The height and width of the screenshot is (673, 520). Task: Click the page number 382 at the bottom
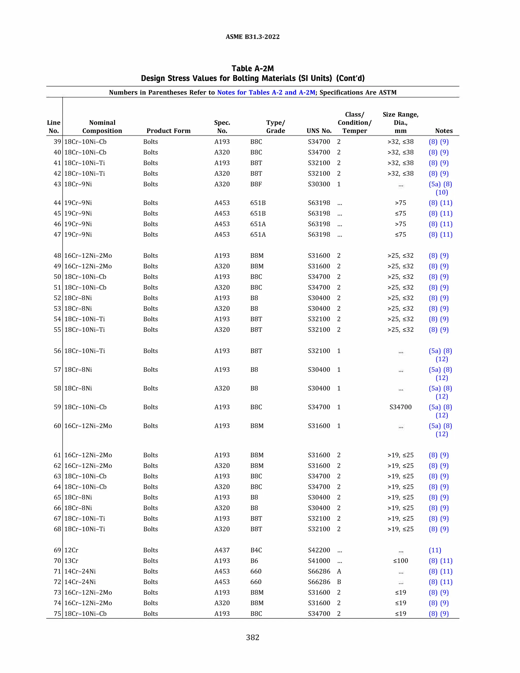pos(252,637)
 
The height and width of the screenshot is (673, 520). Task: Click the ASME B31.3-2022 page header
pos(252,37)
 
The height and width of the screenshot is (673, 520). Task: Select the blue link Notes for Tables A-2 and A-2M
pos(266,92)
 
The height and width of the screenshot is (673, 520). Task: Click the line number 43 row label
pos(57,184)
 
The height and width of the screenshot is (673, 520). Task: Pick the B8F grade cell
pos(256,184)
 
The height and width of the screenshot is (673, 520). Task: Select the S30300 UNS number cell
pos(319,184)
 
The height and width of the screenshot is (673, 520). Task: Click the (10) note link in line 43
pos(442,192)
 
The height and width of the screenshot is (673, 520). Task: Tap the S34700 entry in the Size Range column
pos(400,407)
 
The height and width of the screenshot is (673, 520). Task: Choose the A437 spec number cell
pos(222,550)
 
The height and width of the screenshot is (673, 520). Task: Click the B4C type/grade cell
pos(256,550)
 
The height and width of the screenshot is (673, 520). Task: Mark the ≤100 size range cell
pos(400,560)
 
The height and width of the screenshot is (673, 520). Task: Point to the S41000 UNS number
pos(319,560)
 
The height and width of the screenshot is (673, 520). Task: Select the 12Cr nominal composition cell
pos(71,550)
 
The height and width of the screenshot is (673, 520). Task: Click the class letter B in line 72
pos(339,582)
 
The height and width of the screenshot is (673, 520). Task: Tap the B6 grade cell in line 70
pos(254,560)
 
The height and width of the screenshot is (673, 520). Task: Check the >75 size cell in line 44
pos(400,203)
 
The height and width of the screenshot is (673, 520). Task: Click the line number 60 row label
pos(57,426)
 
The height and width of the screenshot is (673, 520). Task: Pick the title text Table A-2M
pos(252,68)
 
